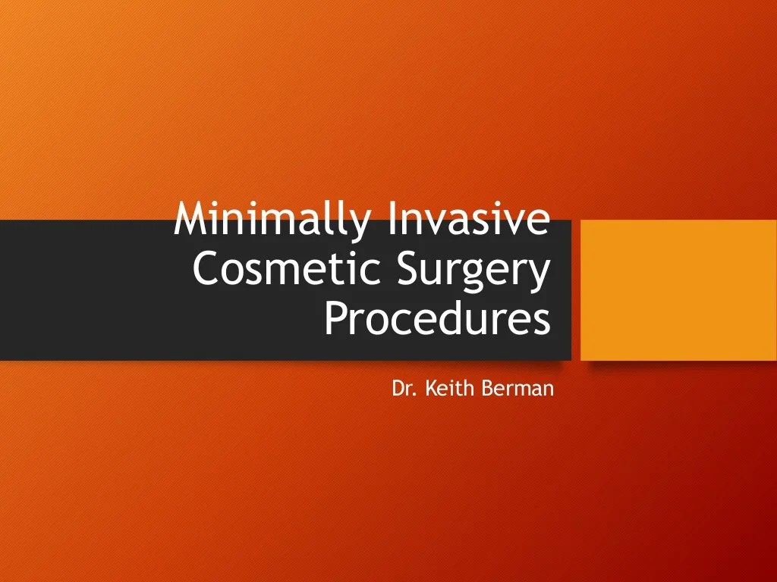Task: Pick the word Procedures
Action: [x=437, y=318]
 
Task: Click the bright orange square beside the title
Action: [x=678, y=289]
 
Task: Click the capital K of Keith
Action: [x=429, y=389]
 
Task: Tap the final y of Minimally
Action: [x=363, y=224]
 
